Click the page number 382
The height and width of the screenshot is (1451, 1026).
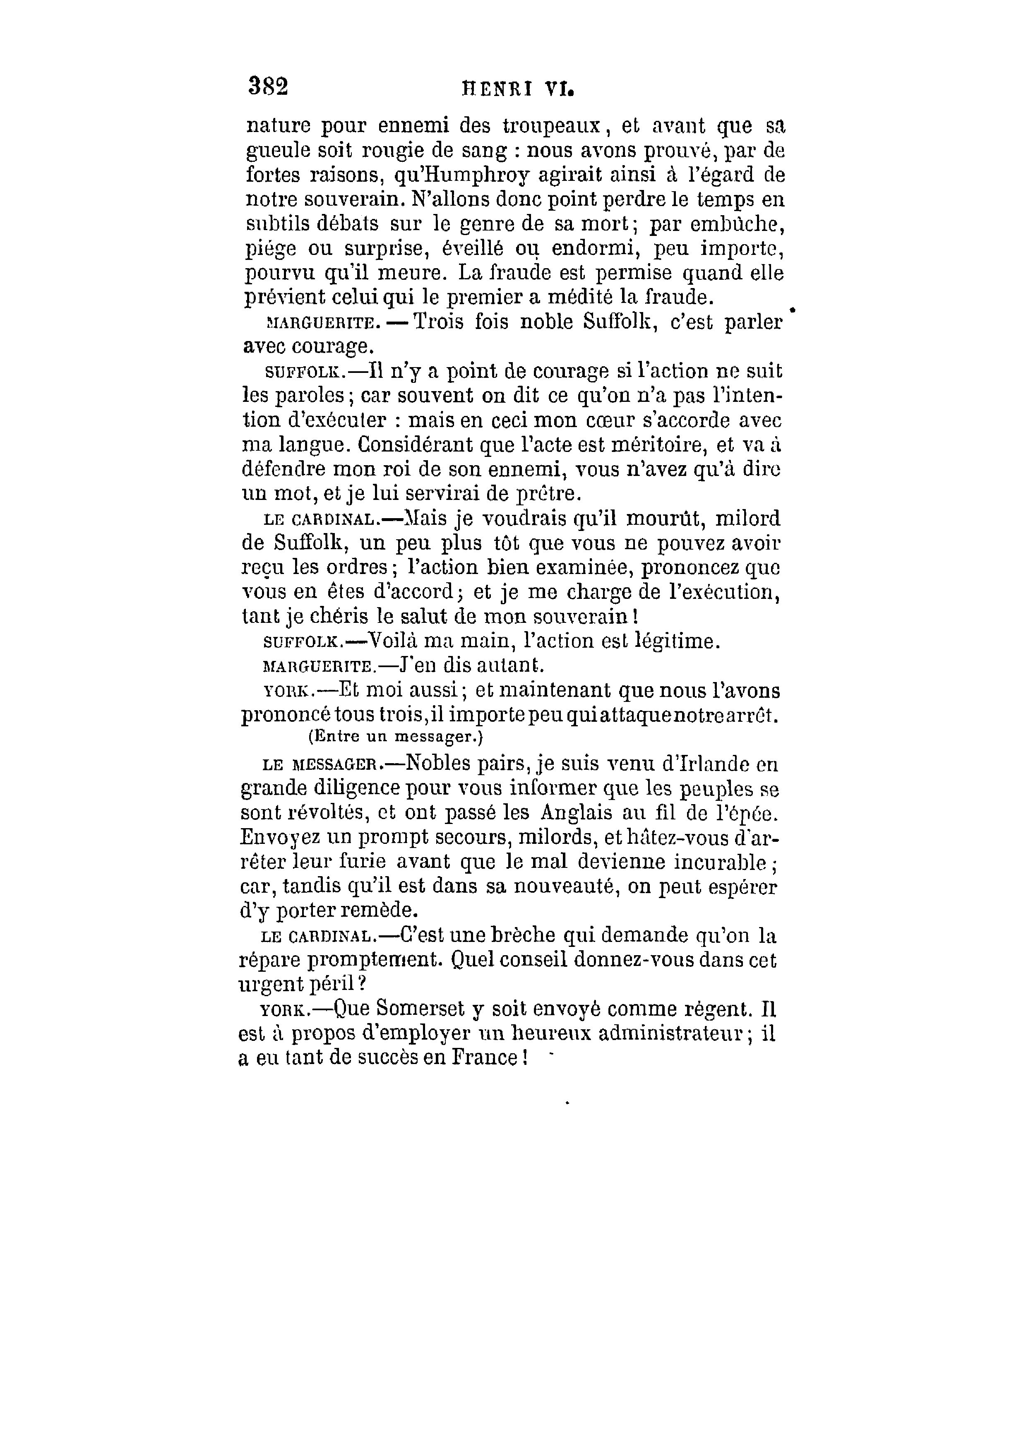click(x=268, y=86)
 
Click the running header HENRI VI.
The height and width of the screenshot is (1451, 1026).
click(x=518, y=89)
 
